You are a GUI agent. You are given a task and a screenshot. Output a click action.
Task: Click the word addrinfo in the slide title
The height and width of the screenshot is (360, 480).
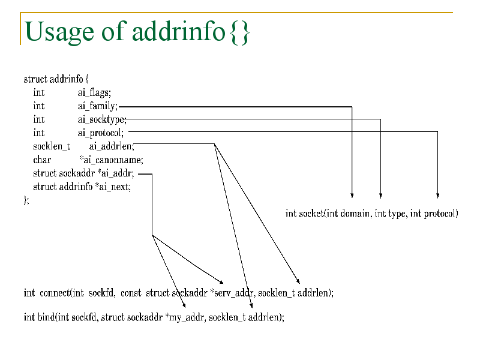pyautogui.click(x=179, y=31)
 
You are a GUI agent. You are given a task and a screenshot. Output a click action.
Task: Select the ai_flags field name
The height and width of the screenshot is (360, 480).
pyautogui.click(x=94, y=93)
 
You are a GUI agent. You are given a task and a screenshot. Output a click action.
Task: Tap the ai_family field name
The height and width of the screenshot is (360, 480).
pyautogui.click(x=97, y=106)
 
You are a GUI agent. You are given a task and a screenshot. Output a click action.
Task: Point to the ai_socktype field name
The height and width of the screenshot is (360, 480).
pyautogui.click(x=101, y=119)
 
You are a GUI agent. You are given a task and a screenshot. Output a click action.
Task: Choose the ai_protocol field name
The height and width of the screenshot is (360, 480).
pyautogui.click(x=100, y=133)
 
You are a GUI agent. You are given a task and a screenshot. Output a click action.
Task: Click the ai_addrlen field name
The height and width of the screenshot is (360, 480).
pyautogui.click(x=112, y=146)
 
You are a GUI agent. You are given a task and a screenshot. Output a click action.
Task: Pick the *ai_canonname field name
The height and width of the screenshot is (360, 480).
pyautogui.click(x=111, y=160)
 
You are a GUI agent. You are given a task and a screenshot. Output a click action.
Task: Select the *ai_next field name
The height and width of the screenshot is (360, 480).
pyautogui.click(x=113, y=187)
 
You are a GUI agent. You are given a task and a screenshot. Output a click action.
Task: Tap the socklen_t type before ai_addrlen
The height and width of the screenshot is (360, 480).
pyautogui.click(x=52, y=146)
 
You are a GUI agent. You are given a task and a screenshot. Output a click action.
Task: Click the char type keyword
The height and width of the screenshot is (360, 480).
pyautogui.click(x=42, y=160)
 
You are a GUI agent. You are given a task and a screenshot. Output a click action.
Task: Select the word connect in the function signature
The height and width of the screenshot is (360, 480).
pyautogui.click(x=55, y=293)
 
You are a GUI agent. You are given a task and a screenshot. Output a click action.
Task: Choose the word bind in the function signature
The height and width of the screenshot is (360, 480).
pyautogui.click(x=47, y=317)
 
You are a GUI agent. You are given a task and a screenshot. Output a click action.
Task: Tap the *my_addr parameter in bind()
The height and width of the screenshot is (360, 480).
pyautogui.click(x=185, y=317)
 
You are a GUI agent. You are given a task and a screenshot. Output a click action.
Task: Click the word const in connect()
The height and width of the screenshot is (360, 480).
pyautogui.click(x=131, y=293)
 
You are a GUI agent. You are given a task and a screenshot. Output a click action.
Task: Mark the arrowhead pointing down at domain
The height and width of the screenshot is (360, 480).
pyautogui.click(x=352, y=196)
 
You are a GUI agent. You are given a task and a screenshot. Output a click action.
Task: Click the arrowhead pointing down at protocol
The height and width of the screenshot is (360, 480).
pyautogui.click(x=438, y=196)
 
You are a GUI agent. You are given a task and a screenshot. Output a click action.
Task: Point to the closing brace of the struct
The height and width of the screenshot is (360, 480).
pyautogui.click(x=25, y=200)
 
